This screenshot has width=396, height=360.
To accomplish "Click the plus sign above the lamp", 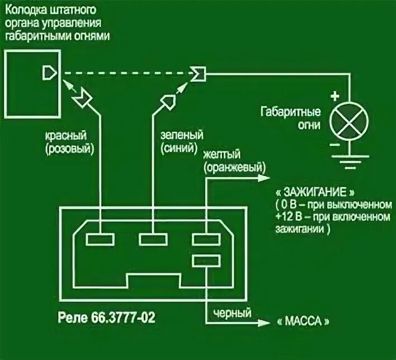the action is (x=336, y=96).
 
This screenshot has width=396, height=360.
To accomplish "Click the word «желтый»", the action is (x=222, y=154).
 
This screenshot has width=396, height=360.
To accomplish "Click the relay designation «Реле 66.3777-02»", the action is (x=107, y=318).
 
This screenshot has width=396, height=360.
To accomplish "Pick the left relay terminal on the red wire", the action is (x=101, y=240).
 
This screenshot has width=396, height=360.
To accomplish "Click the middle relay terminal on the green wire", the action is (x=154, y=240).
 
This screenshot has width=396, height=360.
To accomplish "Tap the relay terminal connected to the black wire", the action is (x=207, y=260).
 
